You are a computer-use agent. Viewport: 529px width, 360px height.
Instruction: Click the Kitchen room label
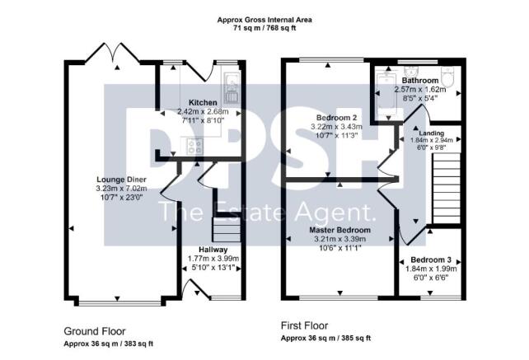point(202,103)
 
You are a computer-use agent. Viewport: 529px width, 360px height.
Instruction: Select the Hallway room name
point(213,250)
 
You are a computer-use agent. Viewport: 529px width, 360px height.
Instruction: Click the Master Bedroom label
point(339,231)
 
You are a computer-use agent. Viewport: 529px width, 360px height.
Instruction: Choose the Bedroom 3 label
point(430,260)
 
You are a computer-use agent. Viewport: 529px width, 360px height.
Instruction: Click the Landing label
point(433,133)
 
